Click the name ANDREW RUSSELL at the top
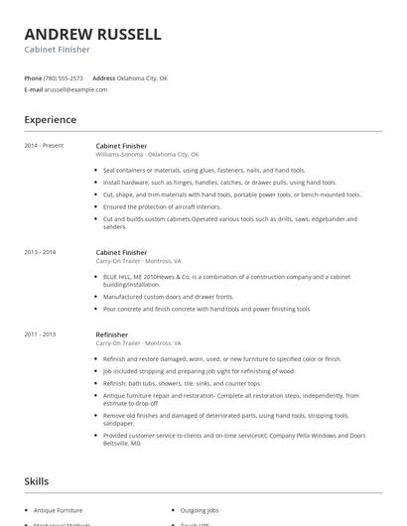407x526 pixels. [92, 35]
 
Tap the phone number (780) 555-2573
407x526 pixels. [64, 77]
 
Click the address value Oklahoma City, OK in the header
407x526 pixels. [143, 77]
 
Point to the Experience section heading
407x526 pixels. [50, 120]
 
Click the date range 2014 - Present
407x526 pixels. [44, 146]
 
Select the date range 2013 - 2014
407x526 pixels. [41, 253]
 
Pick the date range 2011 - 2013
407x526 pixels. [41, 335]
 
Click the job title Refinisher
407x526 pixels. [112, 335]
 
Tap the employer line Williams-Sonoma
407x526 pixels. [147, 155]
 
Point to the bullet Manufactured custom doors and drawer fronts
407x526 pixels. [169, 296]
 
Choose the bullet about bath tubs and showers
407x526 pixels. [168, 383]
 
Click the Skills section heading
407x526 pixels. [36, 481]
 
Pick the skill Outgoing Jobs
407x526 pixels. [202, 509]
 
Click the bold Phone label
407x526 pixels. [33, 77]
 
